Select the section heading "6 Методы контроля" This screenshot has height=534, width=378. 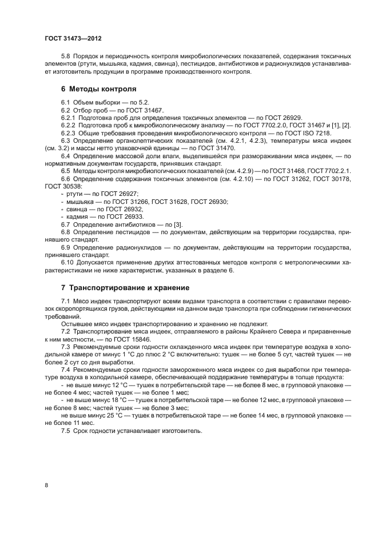(x=98, y=89)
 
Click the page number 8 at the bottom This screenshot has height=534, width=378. (x=46, y=485)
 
